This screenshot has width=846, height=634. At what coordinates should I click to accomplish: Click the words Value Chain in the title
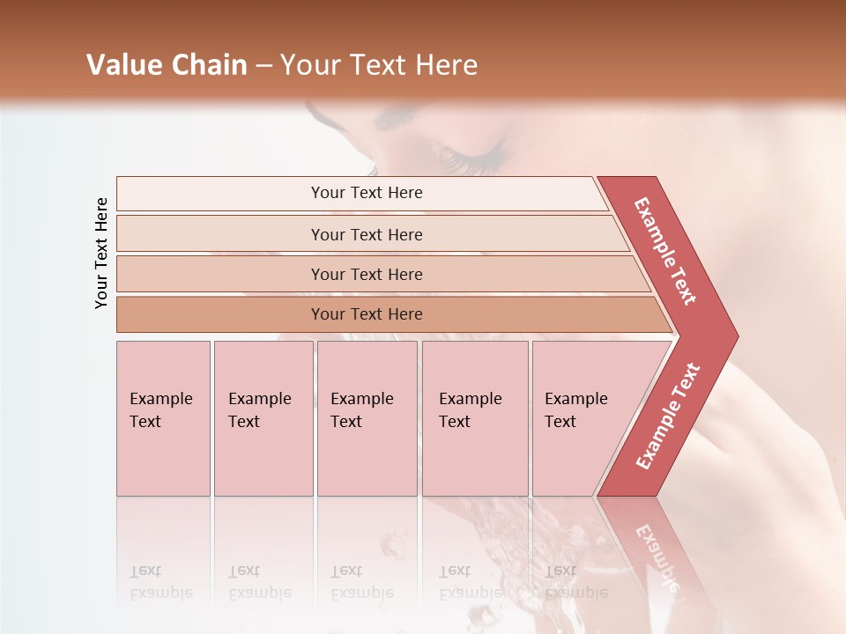point(167,65)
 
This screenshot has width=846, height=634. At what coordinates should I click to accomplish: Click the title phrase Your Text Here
point(379,65)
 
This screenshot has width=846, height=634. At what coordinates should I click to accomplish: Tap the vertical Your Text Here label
point(101,253)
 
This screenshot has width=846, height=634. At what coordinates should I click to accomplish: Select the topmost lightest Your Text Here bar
point(366,193)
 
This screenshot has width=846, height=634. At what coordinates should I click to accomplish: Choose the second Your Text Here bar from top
point(366,234)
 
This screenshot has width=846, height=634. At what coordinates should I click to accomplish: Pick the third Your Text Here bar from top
point(366,274)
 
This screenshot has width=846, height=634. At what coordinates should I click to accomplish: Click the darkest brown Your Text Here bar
point(366,314)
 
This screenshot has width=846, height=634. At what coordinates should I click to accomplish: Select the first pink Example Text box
point(163,418)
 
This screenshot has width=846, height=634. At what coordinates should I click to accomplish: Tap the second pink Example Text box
point(263,418)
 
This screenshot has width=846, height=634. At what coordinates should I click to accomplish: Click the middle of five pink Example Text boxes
point(367,418)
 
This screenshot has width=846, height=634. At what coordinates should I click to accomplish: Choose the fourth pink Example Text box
point(474,418)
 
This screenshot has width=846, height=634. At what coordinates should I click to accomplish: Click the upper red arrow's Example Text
point(665,251)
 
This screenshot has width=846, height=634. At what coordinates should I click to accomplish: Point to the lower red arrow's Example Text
point(667,417)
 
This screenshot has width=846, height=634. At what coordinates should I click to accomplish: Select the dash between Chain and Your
point(263,66)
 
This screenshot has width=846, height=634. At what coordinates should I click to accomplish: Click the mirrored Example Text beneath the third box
point(361,582)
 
